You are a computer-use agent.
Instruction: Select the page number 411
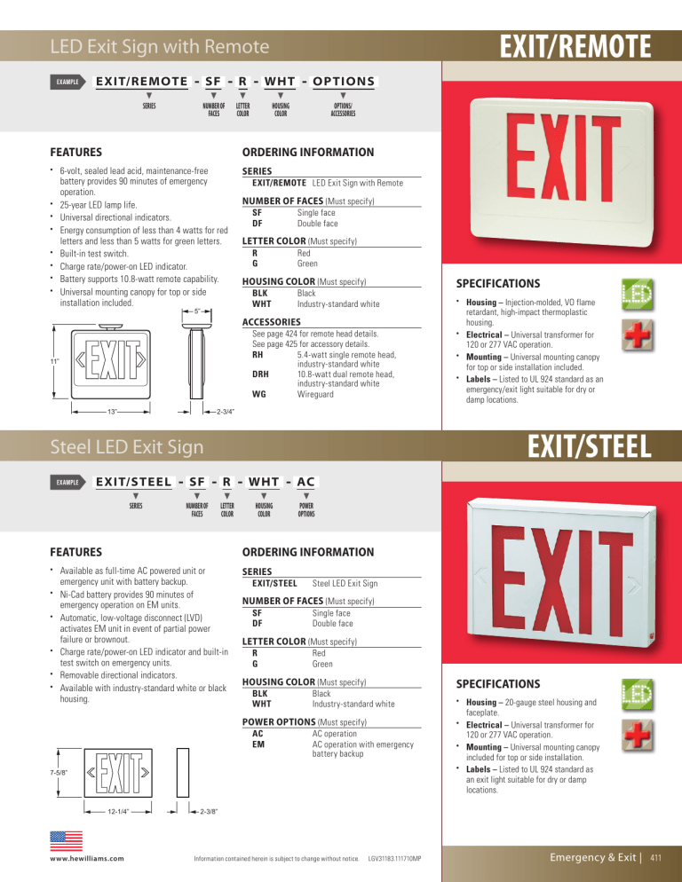pos(657,858)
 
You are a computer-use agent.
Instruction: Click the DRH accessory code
pos(262,373)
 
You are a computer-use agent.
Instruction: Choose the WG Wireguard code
pos(259,393)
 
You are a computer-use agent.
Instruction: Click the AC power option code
pos(258,734)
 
